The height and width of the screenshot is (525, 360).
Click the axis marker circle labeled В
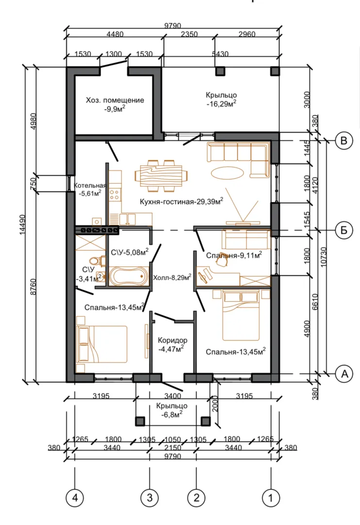(x=343, y=140)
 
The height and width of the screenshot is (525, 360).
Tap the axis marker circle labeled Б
(x=343, y=230)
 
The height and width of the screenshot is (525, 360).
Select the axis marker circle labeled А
(x=344, y=373)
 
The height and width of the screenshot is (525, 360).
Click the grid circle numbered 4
(x=75, y=497)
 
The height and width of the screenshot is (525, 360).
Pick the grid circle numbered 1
(x=271, y=497)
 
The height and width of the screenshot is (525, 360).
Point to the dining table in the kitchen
(x=161, y=176)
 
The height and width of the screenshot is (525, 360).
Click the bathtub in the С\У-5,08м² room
(x=128, y=276)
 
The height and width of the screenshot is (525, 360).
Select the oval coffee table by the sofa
(x=227, y=173)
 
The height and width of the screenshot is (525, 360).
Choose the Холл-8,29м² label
(x=172, y=277)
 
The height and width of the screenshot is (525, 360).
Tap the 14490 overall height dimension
(x=23, y=224)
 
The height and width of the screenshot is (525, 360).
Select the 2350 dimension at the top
(x=189, y=34)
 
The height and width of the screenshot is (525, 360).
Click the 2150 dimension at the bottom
(x=172, y=448)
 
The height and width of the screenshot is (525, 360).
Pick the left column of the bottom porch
(x=140, y=421)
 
